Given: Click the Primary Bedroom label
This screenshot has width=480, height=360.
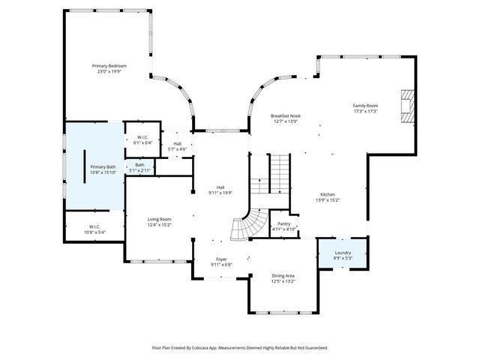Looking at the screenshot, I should (109, 66).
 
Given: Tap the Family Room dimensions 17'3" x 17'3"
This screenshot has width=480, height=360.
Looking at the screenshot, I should (365, 111).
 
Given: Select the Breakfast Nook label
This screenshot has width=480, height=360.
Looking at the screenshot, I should (285, 115).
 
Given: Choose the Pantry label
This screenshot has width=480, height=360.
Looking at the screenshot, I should (283, 223).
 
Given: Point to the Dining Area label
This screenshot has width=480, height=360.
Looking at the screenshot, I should (283, 276).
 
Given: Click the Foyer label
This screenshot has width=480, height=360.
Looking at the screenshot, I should (222, 259).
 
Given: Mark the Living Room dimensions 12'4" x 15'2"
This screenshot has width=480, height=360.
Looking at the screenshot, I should (159, 224).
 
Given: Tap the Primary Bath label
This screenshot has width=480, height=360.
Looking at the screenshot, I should (103, 166).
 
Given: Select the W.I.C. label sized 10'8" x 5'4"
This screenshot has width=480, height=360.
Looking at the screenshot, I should (94, 226).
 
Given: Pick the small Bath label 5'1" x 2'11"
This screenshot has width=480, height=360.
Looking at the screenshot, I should (140, 164).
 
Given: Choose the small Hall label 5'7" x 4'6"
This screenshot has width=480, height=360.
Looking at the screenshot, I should (178, 143).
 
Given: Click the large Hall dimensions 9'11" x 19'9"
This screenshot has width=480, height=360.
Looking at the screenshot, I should (220, 193).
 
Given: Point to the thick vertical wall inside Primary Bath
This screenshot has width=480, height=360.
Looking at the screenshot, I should (84, 166).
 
